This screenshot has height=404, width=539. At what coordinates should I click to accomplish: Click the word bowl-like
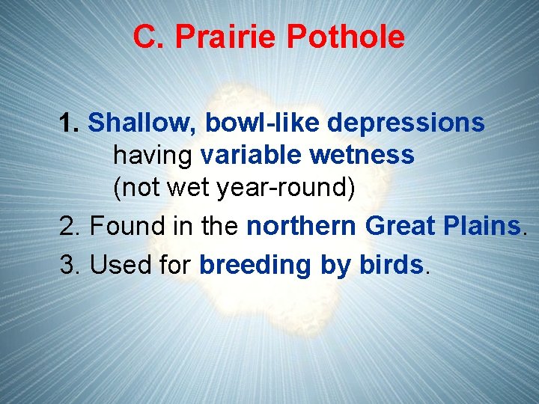coord(263,122)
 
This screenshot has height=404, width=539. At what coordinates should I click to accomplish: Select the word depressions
coord(406,123)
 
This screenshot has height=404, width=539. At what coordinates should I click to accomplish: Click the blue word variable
coord(251,155)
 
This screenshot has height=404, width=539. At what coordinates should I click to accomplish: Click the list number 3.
coord(70,265)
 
